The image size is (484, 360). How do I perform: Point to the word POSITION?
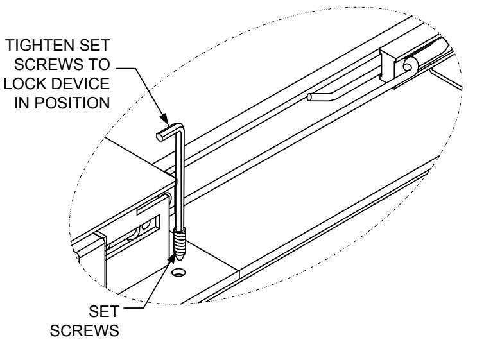pyautogui.click(x=70, y=105)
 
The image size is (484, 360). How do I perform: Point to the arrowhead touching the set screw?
pyautogui.click(x=172, y=258)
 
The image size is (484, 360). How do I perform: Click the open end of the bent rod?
pyautogui.click(x=311, y=98)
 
